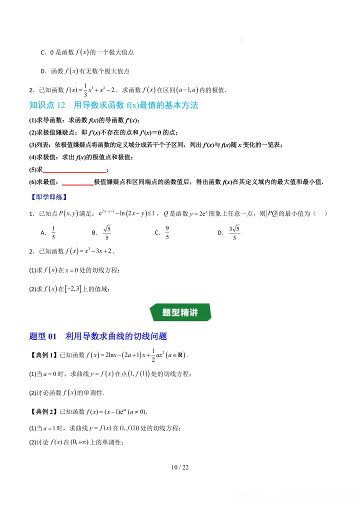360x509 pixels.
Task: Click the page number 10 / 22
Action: (180, 468)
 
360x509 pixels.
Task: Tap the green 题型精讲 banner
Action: (180, 312)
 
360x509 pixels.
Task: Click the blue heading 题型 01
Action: (44, 336)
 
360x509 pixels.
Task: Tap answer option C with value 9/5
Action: (162, 232)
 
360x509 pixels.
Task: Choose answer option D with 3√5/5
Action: (227, 232)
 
